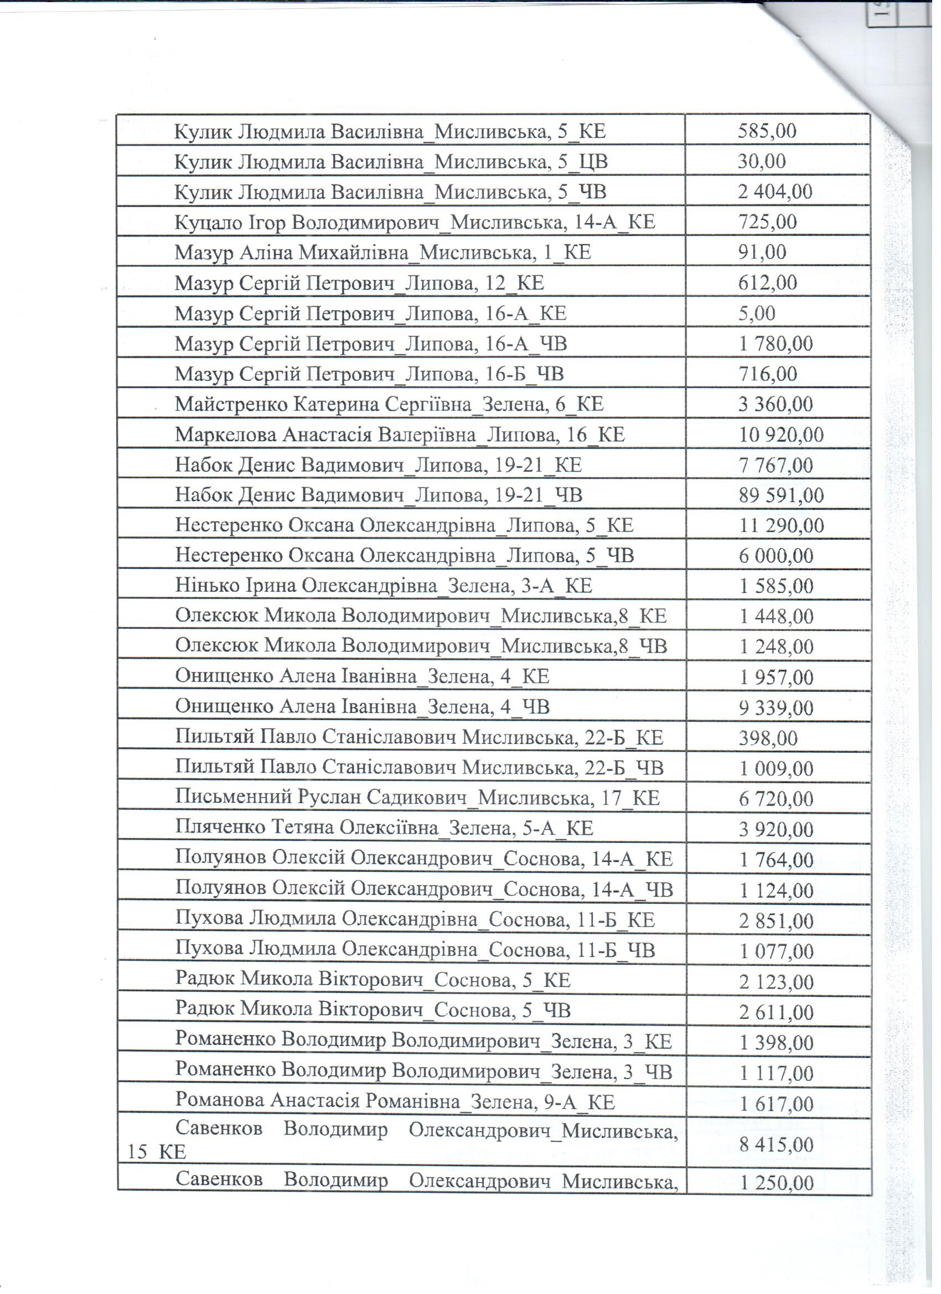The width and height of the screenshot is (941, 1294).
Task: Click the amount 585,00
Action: coord(767,131)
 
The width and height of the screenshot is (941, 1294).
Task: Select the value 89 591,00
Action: coord(780,495)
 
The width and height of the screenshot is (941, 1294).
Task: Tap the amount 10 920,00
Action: coord(780,435)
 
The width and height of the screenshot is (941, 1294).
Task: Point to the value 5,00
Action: coord(756,313)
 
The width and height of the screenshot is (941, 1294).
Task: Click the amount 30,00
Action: coord(761,162)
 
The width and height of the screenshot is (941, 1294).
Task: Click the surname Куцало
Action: coord(203,222)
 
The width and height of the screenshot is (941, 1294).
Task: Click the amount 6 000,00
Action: coord(776,556)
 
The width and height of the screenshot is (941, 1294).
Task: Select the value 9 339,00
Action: coord(776,707)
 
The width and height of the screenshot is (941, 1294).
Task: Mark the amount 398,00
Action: coord(768,738)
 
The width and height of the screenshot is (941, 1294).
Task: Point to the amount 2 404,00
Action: coord(774,191)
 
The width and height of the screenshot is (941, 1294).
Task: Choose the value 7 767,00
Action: coord(776,465)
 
